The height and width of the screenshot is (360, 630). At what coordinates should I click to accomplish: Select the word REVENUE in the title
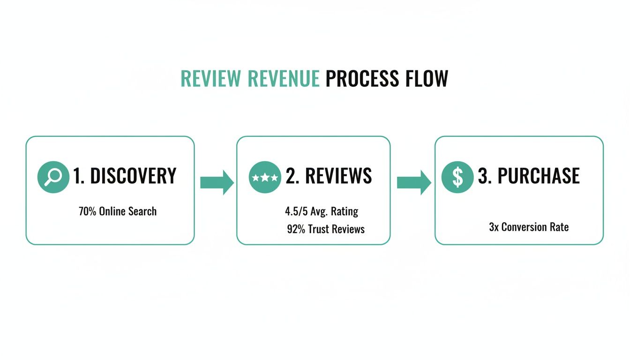284,79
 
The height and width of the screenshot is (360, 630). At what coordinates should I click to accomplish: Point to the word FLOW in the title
427,79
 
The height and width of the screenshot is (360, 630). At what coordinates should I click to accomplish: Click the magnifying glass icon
53,177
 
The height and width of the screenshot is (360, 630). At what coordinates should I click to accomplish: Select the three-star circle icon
265,177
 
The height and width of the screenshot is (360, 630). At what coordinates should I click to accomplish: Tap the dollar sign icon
457,177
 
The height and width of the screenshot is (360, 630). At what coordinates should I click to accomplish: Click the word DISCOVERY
133,176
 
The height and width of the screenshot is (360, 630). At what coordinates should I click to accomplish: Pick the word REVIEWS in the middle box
338,176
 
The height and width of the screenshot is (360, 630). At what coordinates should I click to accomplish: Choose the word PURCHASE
538,176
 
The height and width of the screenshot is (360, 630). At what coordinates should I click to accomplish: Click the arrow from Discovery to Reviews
216,182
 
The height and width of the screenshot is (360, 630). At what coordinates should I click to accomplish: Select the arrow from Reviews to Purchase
413,182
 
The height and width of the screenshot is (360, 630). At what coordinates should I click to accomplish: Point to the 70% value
87,211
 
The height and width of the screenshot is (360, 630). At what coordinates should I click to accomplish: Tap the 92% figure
296,229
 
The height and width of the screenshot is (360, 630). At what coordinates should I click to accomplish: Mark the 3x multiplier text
494,227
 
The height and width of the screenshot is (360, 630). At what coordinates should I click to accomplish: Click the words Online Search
127,211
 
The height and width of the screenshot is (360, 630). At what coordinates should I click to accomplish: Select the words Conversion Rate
535,227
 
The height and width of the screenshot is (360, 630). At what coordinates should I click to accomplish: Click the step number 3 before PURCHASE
482,176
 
